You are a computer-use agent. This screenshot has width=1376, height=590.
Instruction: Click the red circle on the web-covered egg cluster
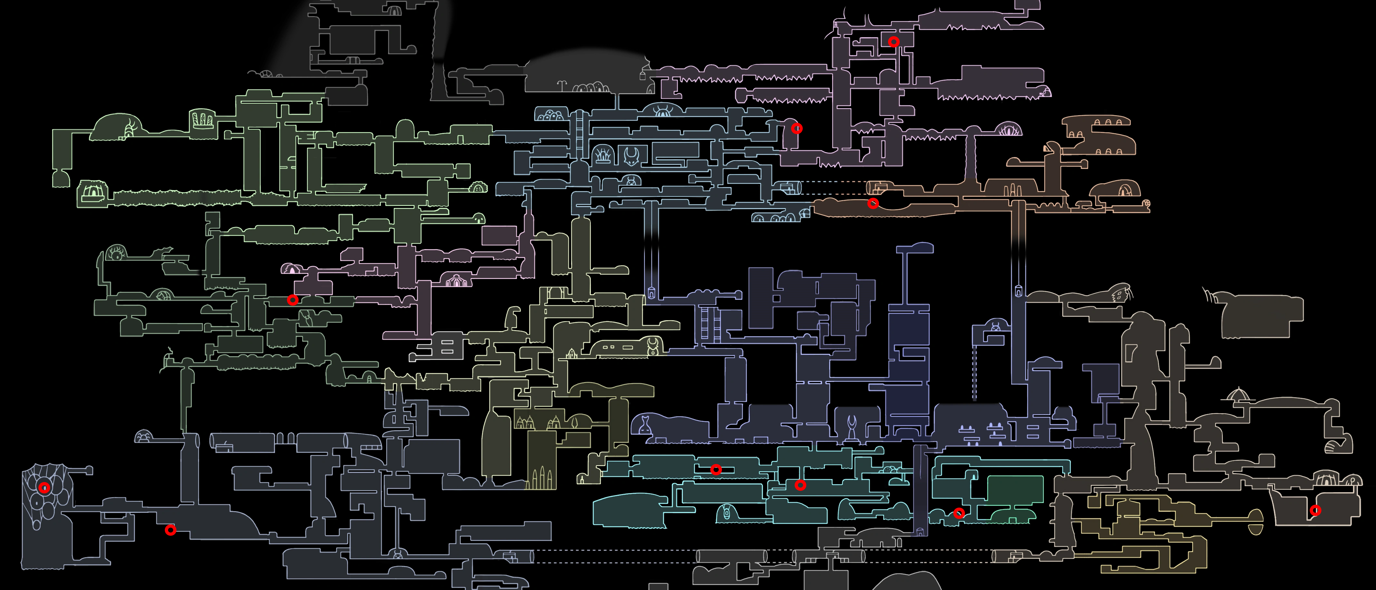point(44,488)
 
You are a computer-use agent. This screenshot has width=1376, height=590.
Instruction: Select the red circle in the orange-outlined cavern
point(873,204)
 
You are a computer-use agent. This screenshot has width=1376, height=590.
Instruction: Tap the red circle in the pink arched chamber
point(797,129)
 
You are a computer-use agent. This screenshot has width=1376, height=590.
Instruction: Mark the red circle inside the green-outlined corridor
point(292,300)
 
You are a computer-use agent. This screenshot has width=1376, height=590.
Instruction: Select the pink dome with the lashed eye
point(1009,130)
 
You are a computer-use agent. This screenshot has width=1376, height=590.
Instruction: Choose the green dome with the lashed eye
point(116,252)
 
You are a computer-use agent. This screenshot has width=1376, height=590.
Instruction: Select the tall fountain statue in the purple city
point(852,427)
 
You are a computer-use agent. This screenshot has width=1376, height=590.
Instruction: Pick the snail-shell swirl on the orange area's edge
point(1146,204)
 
